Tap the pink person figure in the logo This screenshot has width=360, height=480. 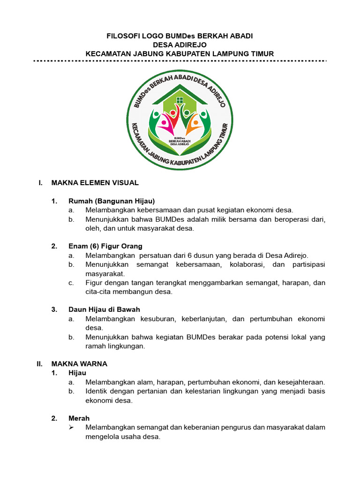165,125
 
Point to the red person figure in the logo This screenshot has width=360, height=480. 173,117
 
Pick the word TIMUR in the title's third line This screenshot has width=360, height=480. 262,54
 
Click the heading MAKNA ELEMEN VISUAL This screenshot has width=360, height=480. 95,182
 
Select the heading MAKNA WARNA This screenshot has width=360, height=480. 79,364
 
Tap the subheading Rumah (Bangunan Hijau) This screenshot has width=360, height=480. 112,201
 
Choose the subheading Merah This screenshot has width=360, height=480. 79,418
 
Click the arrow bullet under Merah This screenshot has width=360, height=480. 71,427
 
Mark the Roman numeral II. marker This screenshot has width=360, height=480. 40,364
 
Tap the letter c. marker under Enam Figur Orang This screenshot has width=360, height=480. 71,283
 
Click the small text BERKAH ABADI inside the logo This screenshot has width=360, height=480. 179,141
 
